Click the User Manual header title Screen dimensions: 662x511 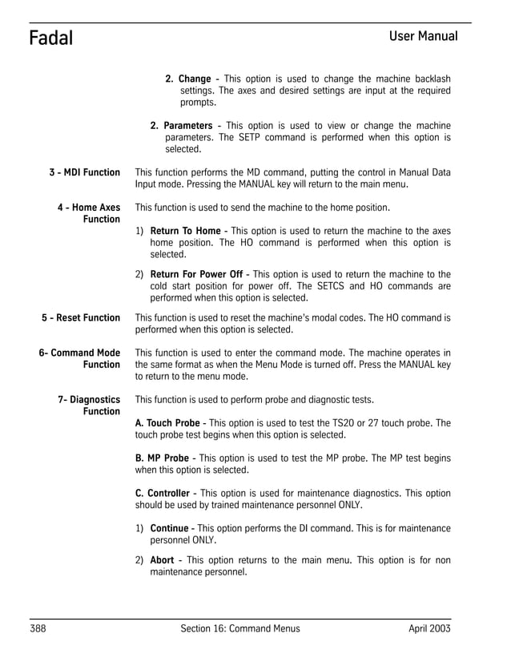click(423, 36)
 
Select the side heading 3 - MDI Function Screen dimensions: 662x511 click(83, 172)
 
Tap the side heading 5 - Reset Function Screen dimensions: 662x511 click(81, 317)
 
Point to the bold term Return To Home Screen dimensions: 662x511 click(185, 231)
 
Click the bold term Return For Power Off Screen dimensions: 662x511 click(196, 274)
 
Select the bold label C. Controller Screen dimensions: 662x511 click(163, 493)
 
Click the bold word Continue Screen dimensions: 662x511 click(169, 528)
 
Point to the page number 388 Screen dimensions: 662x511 click(38, 628)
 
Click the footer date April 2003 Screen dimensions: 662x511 click(429, 628)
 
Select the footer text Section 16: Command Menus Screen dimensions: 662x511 click(240, 628)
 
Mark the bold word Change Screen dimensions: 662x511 click(194, 79)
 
